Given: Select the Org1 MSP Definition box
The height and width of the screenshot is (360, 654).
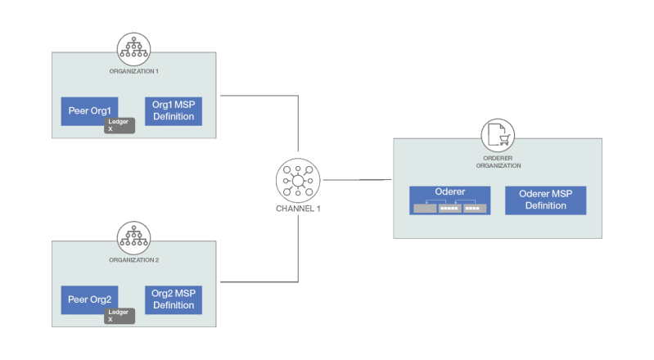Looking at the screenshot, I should [x=173, y=110].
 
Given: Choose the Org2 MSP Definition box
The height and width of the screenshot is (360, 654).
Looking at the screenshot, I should [x=173, y=299].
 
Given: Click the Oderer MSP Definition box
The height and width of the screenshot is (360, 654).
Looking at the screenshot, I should [x=545, y=200].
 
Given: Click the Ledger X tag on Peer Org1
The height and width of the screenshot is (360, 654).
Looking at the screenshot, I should [x=119, y=124].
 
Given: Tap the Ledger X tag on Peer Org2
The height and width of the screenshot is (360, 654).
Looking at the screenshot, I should [x=119, y=314].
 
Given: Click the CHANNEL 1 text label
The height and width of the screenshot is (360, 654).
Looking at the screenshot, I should [x=297, y=209].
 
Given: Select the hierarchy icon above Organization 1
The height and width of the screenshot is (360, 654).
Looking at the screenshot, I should [x=133, y=50].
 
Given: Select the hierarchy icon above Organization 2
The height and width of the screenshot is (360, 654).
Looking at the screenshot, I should [x=133, y=238].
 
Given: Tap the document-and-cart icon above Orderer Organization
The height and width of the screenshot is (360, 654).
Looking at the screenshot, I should [x=497, y=135].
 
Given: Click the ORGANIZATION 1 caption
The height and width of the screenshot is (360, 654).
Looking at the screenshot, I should [x=133, y=71].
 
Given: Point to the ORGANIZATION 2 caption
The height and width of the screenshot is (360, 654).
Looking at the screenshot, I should [x=133, y=259].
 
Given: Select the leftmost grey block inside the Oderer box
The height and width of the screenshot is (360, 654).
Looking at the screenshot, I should [x=425, y=208].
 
